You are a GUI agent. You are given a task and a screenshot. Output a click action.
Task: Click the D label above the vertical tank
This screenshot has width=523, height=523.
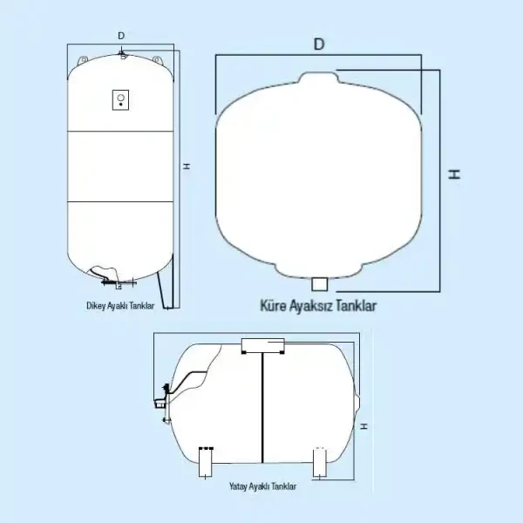[x=121, y=36]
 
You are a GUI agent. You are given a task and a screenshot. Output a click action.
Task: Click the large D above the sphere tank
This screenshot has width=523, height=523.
[x=319, y=44]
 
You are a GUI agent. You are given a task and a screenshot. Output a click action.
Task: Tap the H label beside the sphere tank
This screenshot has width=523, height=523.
[x=454, y=174]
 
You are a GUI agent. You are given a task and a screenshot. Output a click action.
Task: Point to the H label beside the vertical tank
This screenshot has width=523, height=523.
[x=187, y=166]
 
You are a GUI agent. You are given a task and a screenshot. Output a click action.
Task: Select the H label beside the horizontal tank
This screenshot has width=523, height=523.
[x=363, y=426]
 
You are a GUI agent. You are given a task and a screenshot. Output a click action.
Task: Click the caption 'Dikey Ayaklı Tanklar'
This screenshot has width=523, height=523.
[x=120, y=306]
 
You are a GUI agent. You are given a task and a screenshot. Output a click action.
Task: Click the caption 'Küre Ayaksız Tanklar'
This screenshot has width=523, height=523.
[x=318, y=306]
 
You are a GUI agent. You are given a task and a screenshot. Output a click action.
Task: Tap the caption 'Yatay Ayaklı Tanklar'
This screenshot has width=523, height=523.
[x=263, y=486]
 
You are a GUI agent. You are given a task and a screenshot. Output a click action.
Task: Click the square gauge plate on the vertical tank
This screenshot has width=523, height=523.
[x=121, y=100]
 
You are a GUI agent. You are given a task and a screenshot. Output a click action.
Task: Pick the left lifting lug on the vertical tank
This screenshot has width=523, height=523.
[x=83, y=60]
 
